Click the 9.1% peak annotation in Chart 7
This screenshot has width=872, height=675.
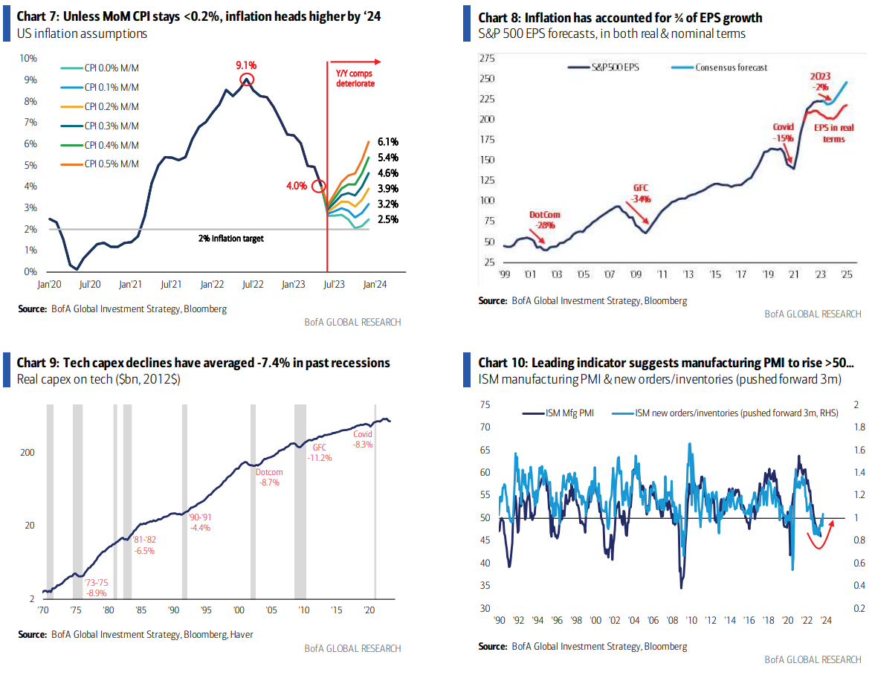(246, 65)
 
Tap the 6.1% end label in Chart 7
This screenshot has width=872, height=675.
(388, 142)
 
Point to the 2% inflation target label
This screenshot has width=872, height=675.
(231, 239)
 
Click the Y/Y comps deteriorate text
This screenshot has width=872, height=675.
(354, 79)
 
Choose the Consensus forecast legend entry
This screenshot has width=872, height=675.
(731, 68)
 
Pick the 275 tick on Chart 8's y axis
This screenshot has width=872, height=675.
(488, 58)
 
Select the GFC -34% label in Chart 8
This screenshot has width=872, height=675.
(641, 194)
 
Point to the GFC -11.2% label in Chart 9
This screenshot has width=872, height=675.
(320, 453)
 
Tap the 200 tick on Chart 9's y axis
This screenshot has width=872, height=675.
(33, 453)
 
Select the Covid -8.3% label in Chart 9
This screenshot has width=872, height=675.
(363, 439)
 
